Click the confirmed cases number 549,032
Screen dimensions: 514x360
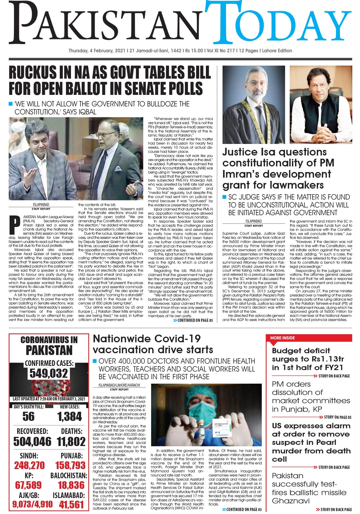[x=49, y=373]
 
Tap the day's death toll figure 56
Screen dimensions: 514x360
[x=28, y=416]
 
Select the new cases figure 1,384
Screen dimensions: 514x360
[x=70, y=417]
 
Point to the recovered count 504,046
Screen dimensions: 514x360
[x=32, y=442]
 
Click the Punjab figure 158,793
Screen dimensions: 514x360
[x=70, y=466]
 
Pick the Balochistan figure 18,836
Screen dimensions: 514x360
[x=71, y=485]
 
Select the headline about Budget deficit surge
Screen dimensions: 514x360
[x=308, y=359]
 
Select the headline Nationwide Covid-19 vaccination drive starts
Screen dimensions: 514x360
[x=153, y=344]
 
